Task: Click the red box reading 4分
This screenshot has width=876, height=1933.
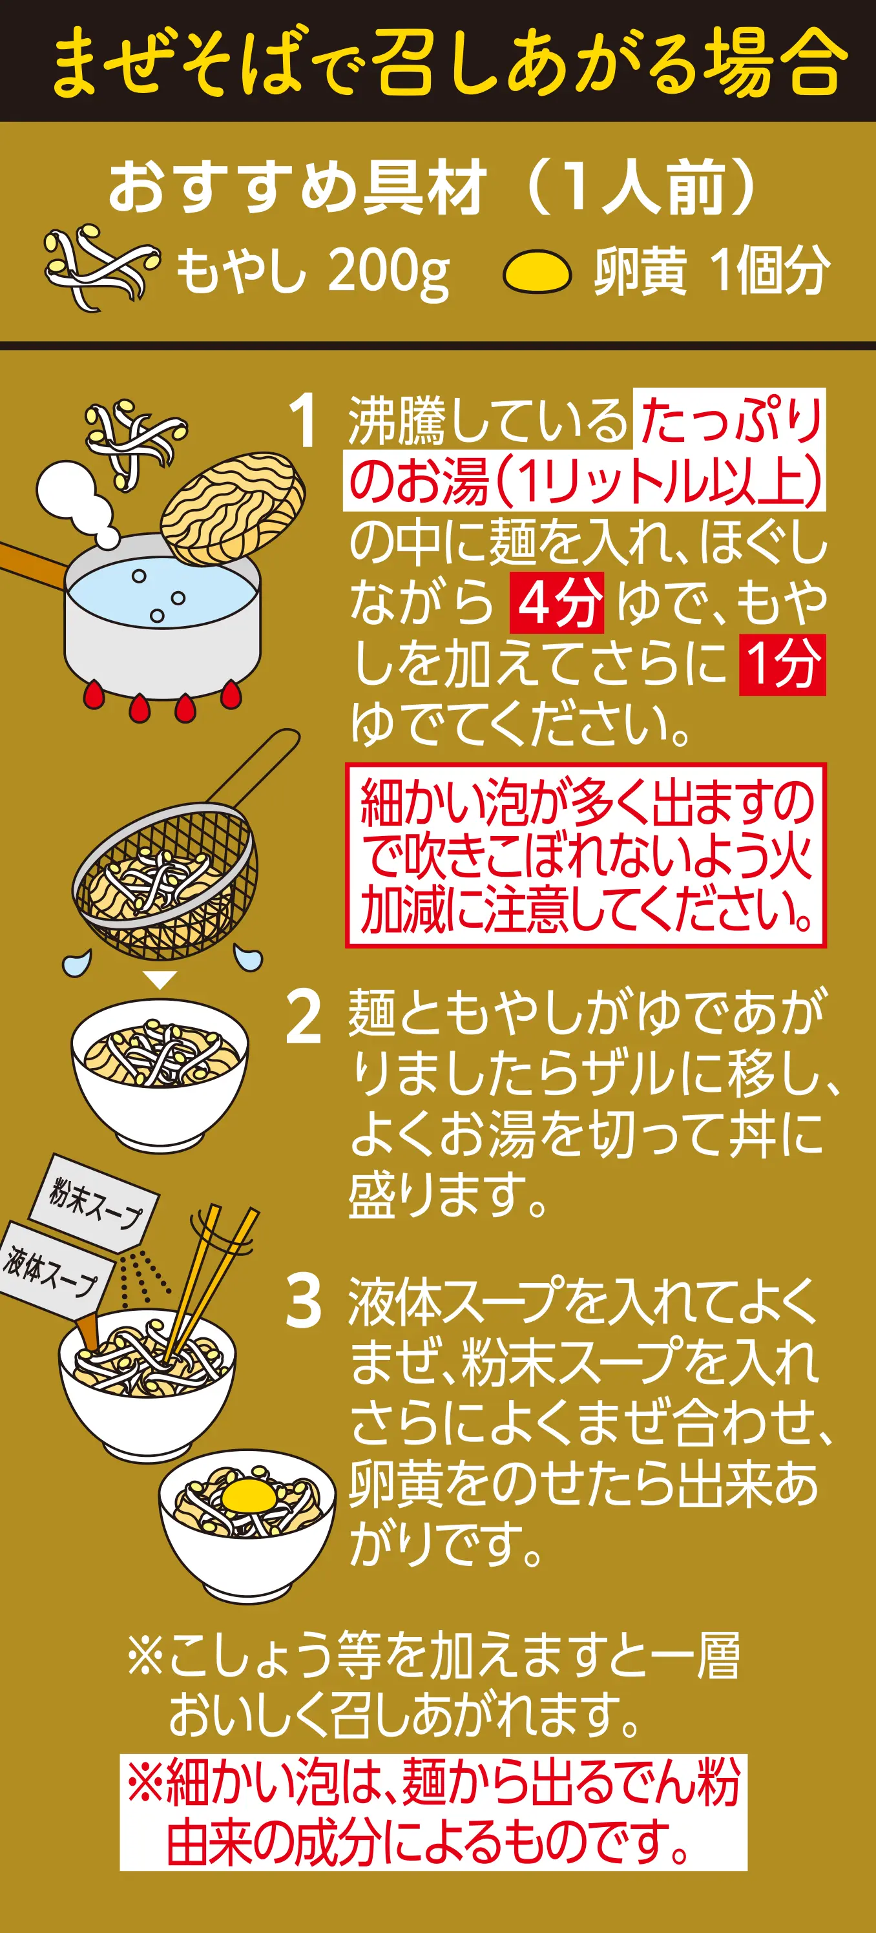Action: [557, 603]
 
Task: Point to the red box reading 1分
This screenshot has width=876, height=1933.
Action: [782, 664]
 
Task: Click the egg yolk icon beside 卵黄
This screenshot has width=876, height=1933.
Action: [537, 271]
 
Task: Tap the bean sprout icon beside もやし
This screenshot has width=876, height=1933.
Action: [101, 267]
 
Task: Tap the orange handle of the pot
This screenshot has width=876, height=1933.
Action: [34, 562]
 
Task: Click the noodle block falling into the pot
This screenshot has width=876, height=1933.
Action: [233, 508]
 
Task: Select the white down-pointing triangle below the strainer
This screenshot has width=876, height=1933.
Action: [160, 979]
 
